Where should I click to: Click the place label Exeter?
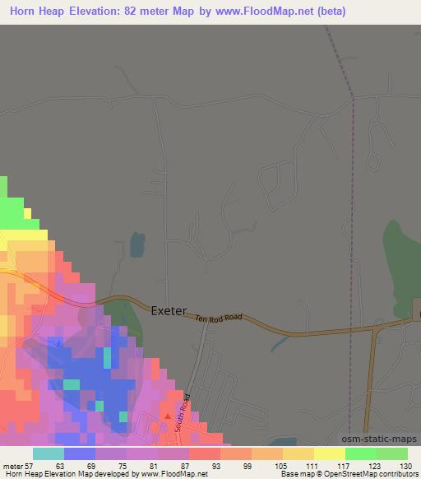coord(169,311)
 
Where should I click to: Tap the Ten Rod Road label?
coord(218,317)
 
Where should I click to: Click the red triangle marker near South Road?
coord(169,416)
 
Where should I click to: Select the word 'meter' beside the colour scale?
coord(12,465)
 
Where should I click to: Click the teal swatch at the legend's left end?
coord(49,453)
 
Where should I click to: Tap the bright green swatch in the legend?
coord(361,453)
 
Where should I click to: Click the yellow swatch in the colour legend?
coord(330,453)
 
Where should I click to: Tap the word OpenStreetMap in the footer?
coord(336,475)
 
